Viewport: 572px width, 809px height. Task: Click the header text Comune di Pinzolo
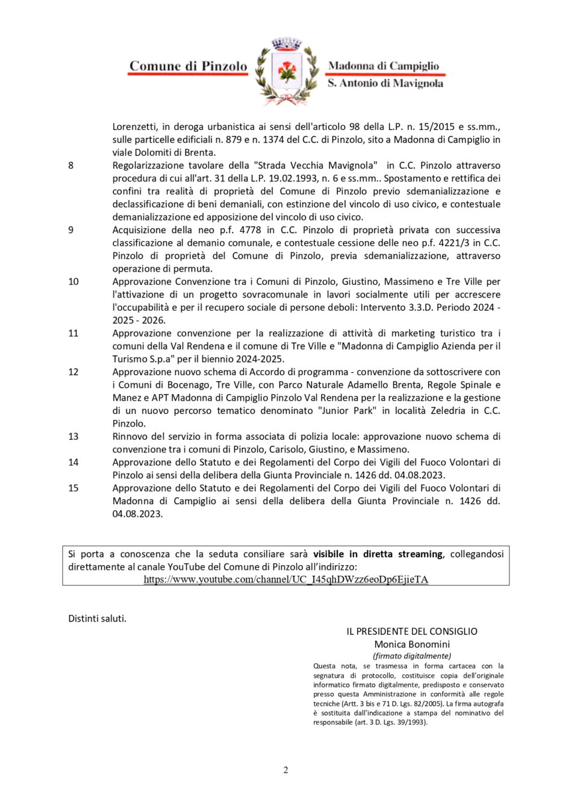coord(188,66)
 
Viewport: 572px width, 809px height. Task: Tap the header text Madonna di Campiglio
coord(384,66)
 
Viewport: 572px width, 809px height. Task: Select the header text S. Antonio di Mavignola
coord(385,83)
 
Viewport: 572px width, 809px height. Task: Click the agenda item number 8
coord(71,166)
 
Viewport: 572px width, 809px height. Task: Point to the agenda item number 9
coord(71,230)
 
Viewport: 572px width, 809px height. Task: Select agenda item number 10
coord(73,282)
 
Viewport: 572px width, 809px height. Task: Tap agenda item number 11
coord(73,333)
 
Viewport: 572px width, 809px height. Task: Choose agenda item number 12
coord(73,372)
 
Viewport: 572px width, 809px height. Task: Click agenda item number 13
coord(73,437)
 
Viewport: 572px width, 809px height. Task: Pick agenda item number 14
coord(73,463)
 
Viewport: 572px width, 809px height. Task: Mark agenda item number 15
coord(73,489)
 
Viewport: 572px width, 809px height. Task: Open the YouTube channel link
coord(286,579)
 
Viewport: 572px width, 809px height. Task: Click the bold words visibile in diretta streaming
coord(378,554)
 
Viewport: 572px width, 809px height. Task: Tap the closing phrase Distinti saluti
coord(98,619)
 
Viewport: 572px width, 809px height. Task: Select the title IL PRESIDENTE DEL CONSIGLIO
coord(412,631)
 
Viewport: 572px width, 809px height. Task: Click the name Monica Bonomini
coord(412,645)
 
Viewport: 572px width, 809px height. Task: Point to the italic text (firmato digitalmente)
coord(412,656)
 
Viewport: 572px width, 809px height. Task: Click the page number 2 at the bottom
coord(286,770)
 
